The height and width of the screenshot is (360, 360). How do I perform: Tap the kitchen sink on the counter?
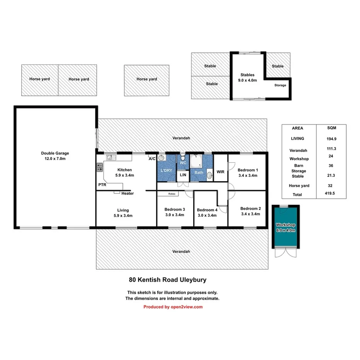pos(110,157)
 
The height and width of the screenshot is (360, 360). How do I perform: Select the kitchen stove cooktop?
pos(99,167)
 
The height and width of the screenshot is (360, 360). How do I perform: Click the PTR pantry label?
pos(102,185)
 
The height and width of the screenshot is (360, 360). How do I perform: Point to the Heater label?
pos(127,194)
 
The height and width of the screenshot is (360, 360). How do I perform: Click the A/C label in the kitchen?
pos(152,158)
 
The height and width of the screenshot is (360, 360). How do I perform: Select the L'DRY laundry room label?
pos(166,170)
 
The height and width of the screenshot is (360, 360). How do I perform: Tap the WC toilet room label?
pos(183,163)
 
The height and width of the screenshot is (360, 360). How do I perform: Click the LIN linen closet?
pos(183,175)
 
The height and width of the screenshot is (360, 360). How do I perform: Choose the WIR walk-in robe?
pos(221,172)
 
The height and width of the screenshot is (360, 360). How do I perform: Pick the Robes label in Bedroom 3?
pos(172,194)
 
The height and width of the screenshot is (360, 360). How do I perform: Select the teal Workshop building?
pos(285,227)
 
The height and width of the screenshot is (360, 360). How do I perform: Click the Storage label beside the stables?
pos(280,85)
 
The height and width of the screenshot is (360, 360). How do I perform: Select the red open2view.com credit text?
pos(173,307)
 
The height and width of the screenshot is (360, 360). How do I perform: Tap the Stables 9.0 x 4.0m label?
pos(247,78)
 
